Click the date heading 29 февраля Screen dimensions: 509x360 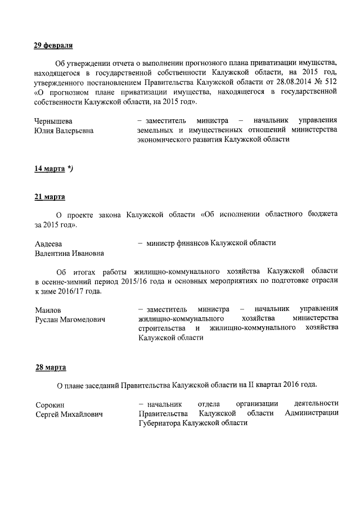[x=54, y=46]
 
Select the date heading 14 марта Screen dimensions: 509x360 [x=49, y=169]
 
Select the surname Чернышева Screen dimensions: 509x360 [x=53, y=121]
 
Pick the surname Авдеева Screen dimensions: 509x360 [x=48, y=244]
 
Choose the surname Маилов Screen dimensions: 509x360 [x=48, y=310]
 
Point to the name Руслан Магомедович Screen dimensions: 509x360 [x=70, y=319]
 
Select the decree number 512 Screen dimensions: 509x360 [x=330, y=82]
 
